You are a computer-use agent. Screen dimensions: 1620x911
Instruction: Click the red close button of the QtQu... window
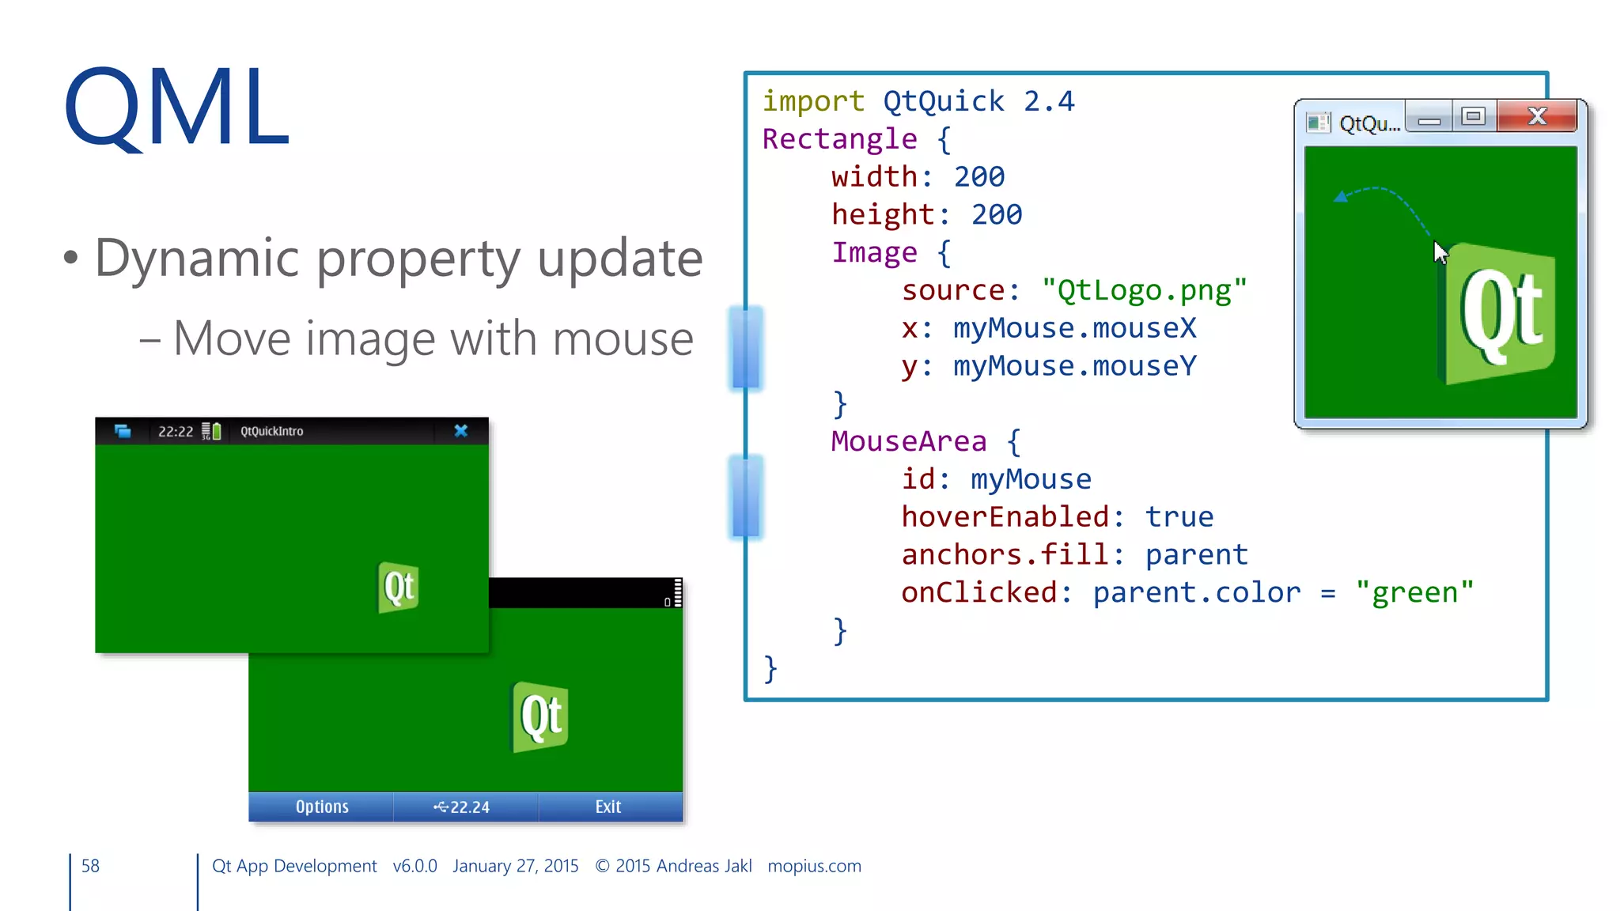pyautogui.click(x=1537, y=117)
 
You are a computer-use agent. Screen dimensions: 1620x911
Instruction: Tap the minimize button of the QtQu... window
pyautogui.click(x=1429, y=119)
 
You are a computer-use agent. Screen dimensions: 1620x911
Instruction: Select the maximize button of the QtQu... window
pyautogui.click(x=1473, y=117)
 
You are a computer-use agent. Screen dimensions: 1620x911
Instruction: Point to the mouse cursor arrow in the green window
pyautogui.click(x=1440, y=252)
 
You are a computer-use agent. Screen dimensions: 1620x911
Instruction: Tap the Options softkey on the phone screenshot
pyautogui.click(x=322, y=807)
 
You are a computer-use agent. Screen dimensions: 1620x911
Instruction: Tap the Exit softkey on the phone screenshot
pyautogui.click(x=608, y=807)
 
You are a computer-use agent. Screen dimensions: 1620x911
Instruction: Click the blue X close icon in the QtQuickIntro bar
pyautogui.click(x=461, y=431)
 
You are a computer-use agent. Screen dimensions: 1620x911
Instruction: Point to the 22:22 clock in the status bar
pyautogui.click(x=176, y=432)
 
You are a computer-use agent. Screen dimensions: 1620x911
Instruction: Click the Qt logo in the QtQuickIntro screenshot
pyautogui.click(x=399, y=588)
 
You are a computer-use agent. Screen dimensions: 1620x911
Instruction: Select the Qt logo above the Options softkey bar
pyautogui.click(x=541, y=716)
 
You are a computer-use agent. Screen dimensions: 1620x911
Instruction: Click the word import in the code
pyautogui.click(x=813, y=101)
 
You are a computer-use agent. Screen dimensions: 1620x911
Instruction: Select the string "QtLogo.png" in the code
pyautogui.click(x=1145, y=290)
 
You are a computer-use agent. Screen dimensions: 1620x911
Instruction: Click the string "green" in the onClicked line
pyautogui.click(x=1415, y=592)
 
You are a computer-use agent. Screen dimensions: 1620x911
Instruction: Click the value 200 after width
pyautogui.click(x=979, y=176)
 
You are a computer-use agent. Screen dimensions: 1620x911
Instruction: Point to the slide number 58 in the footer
pyautogui.click(x=91, y=866)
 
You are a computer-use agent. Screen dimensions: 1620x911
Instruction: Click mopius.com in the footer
pyautogui.click(x=814, y=866)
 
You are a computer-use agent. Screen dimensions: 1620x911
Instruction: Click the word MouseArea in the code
pyautogui.click(x=909, y=441)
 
